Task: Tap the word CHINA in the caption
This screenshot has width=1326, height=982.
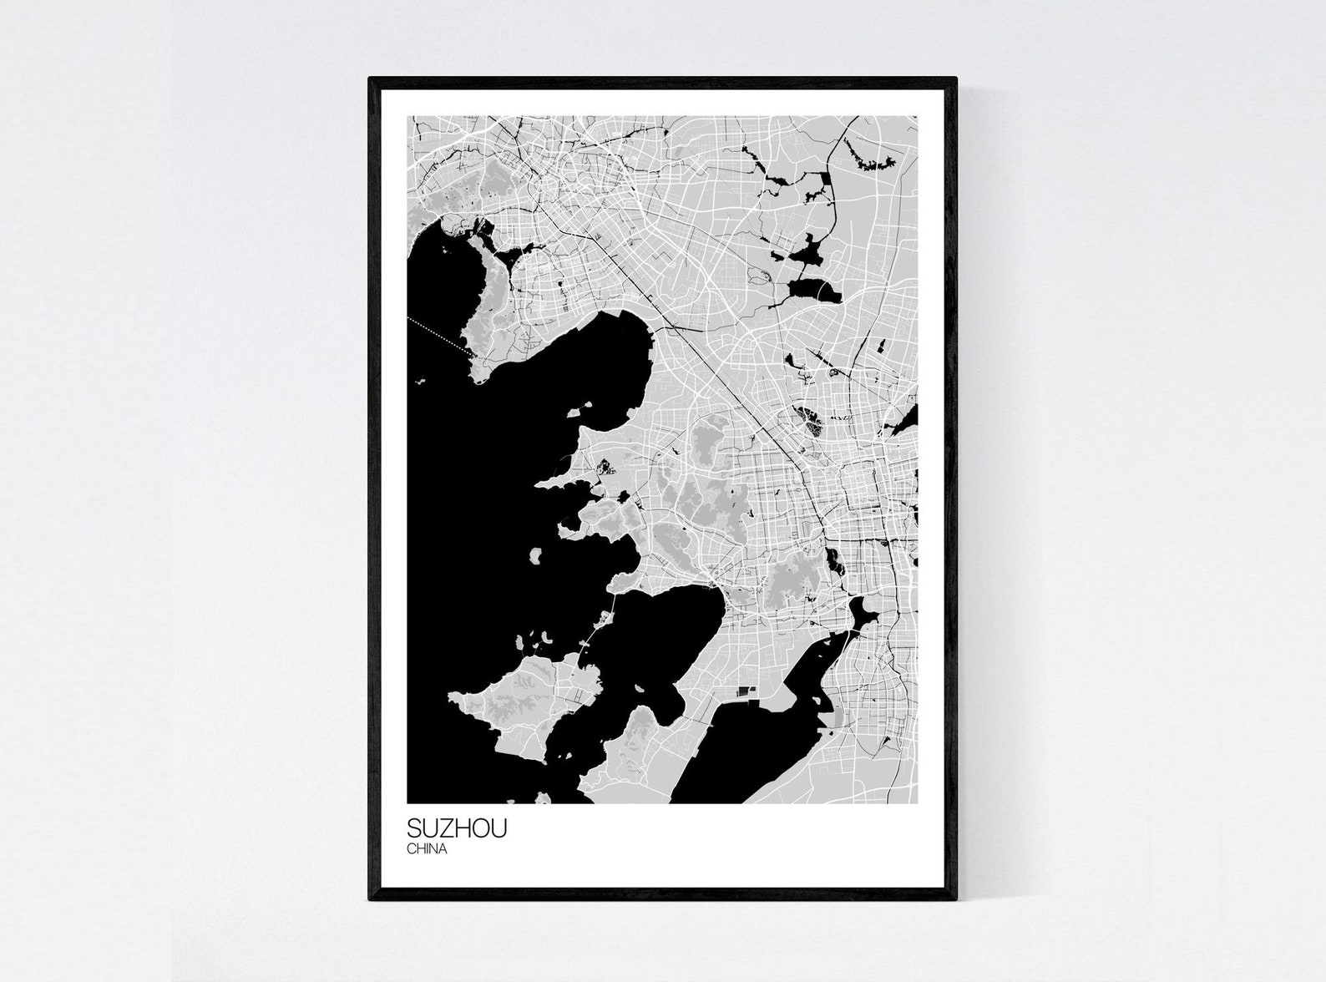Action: coord(428,849)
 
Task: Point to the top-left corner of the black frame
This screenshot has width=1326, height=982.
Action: coord(370,79)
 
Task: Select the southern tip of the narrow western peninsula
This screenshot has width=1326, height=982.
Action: coord(478,381)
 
